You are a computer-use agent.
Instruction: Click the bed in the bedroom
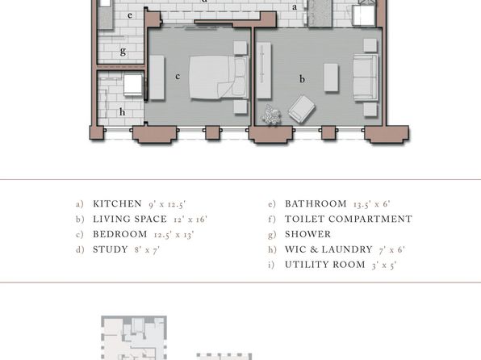[219, 77]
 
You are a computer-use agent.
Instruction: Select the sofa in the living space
[366, 77]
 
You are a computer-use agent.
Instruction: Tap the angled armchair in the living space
[302, 110]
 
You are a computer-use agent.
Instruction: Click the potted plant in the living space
[271, 115]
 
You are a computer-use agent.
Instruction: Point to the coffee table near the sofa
[332, 77]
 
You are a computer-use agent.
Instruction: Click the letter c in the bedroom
[178, 76]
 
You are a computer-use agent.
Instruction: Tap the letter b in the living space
[302, 79]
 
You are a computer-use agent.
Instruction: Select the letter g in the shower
[123, 51]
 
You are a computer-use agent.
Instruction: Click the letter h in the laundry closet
[122, 112]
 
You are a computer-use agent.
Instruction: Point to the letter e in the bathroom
[130, 15]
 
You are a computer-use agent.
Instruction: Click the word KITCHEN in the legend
[117, 203]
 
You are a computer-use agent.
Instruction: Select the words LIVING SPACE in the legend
[130, 219]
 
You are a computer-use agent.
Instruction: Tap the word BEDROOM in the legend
[120, 234]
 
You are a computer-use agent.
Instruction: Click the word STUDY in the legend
[111, 249]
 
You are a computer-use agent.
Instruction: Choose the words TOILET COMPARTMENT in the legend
[349, 219]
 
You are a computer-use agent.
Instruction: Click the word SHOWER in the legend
[308, 234]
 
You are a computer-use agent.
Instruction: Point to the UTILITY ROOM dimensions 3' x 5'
[384, 265]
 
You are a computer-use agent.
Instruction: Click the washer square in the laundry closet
[133, 85]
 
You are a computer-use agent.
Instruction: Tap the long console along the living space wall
[264, 70]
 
